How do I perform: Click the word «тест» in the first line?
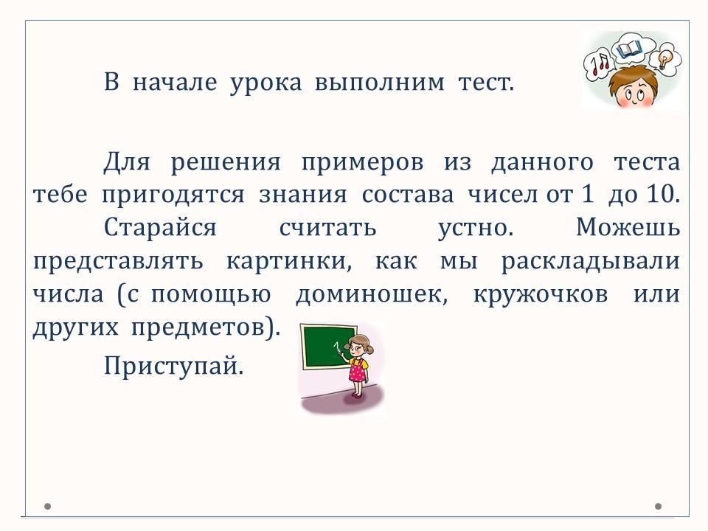[x=486, y=83]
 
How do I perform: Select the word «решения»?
[x=226, y=162]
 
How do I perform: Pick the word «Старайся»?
[x=160, y=227]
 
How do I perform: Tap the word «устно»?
[x=476, y=229]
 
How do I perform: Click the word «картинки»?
[x=288, y=261]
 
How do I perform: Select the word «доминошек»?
[x=372, y=295]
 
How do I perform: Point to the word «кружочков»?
[x=541, y=295]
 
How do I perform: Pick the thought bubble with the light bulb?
[x=664, y=60]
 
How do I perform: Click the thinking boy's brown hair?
[x=632, y=77]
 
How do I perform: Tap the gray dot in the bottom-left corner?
[x=47, y=506]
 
